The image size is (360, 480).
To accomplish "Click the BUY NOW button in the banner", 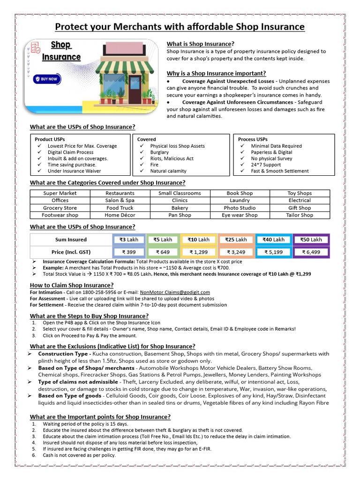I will tap(46, 79).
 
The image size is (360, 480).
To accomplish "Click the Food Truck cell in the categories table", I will tap(120, 208).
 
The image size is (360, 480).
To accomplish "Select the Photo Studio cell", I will tap(240, 208).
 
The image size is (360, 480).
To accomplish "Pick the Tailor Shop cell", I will tap(300, 215).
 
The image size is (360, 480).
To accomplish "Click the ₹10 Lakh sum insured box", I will tap(198, 240).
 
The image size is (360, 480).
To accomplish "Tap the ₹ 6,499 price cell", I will tap(311, 252).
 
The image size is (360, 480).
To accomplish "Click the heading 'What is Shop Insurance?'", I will tap(201, 44).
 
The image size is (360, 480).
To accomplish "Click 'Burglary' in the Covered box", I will tap(159, 152).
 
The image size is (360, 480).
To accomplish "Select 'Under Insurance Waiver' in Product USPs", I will tap(75, 171).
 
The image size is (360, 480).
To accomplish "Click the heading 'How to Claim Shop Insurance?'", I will tap(72, 285).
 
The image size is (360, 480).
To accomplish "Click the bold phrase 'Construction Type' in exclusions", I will tap(63, 354).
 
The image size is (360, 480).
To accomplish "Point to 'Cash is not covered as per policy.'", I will tap(79, 455).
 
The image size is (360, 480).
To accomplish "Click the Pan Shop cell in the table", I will tap(180, 215).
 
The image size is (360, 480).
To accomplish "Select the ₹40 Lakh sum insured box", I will tap(273, 240).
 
